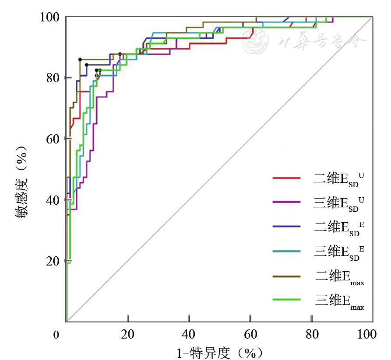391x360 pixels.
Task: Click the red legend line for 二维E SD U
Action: click(286, 178)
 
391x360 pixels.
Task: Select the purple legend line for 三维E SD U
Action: click(286, 202)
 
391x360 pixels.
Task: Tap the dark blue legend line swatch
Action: click(286, 226)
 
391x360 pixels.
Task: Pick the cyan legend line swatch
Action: click(286, 251)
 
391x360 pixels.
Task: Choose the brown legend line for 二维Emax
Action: click(286, 276)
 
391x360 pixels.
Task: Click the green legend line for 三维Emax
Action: click(286, 300)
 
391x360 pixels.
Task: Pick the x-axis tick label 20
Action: click(127, 335)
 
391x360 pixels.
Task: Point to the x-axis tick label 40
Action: click(189, 335)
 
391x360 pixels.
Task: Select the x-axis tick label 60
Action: click(250, 335)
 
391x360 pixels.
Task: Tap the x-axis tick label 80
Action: click(311, 335)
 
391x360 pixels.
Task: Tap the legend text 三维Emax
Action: click(340, 301)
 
